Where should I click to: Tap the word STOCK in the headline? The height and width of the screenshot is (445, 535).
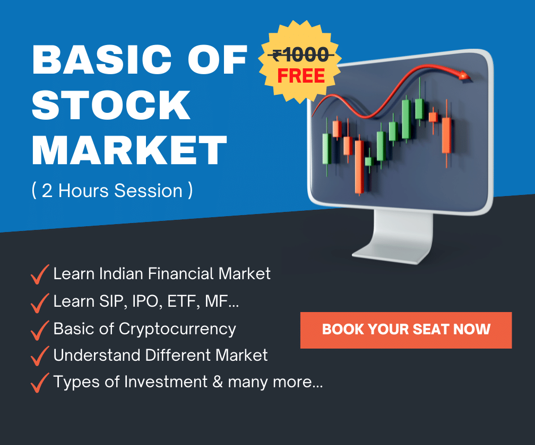pos(111,105)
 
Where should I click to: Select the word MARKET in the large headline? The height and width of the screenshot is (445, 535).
pos(130,150)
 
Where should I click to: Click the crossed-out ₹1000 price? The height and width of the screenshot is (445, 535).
pos(300,55)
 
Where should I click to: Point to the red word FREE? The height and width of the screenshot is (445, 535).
pos(301,76)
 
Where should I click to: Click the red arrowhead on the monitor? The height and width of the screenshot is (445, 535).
pos(464,76)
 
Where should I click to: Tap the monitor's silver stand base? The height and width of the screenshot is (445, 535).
pos(392,255)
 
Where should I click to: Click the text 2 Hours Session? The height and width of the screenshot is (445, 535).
pos(112,190)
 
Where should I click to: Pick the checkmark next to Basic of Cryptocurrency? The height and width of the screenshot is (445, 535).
pos(40,330)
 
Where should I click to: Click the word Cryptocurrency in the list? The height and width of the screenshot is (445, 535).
pos(177,329)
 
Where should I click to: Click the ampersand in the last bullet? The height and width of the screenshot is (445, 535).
pos(218,381)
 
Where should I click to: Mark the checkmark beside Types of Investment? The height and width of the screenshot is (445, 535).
pos(40,382)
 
